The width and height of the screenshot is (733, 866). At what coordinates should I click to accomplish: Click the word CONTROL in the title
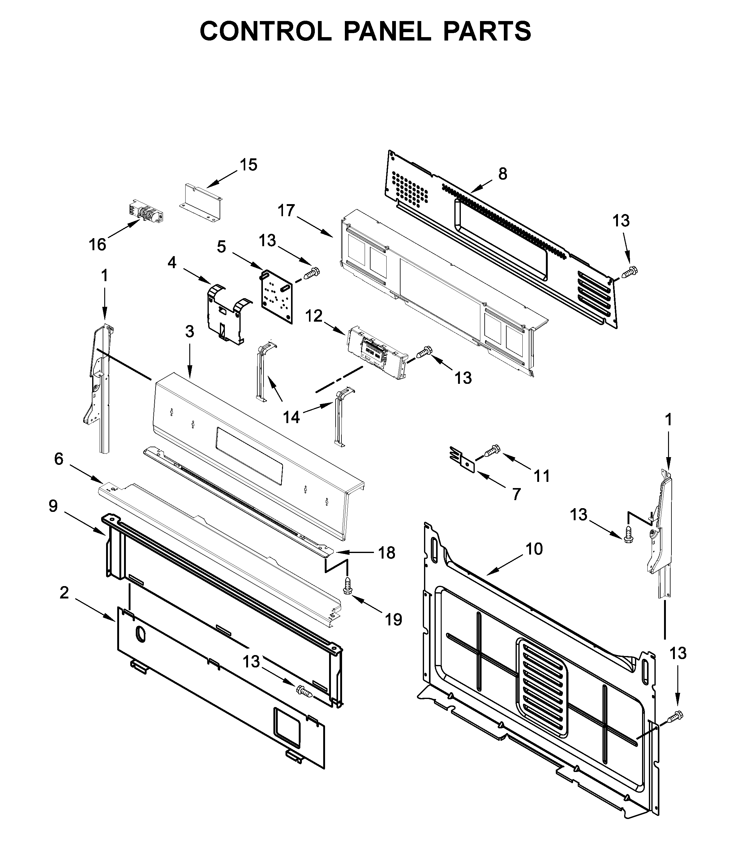coord(266,31)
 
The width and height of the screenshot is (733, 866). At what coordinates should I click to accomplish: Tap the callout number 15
coord(248,165)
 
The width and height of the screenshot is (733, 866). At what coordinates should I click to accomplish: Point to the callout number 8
coord(503,174)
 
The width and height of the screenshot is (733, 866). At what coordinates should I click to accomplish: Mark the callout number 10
coord(534,549)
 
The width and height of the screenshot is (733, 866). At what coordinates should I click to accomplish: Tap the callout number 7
coord(516,495)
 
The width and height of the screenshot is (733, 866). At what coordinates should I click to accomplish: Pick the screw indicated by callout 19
coord(347,586)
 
